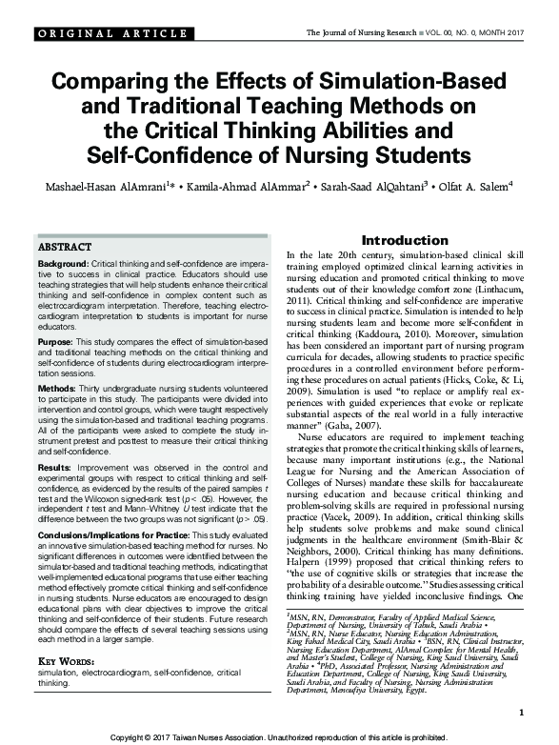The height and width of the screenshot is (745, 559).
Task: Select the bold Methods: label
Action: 59,390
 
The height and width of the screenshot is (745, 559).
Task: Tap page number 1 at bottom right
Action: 522,713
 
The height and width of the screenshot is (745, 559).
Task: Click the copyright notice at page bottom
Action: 279,737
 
